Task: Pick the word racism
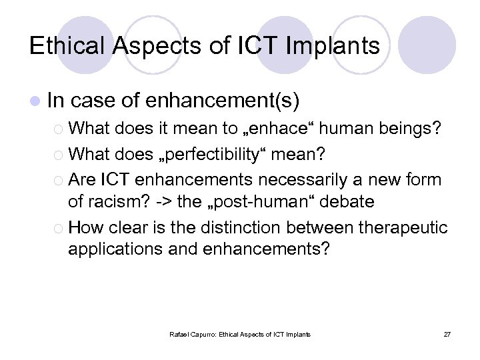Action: tap(109, 201)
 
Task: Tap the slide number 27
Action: tap(447, 333)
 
